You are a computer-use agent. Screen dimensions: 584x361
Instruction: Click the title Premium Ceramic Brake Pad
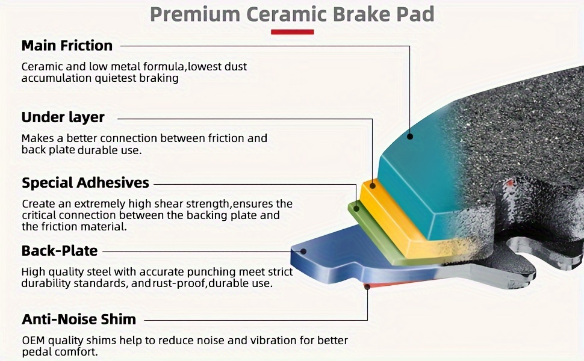[292, 14]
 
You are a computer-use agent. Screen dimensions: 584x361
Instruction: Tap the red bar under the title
[293, 32]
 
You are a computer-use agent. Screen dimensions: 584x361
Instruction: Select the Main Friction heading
[67, 46]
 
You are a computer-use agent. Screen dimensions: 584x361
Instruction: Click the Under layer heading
[63, 117]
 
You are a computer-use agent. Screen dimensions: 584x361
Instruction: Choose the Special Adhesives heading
[85, 183]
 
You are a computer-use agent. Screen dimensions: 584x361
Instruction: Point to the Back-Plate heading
[60, 251]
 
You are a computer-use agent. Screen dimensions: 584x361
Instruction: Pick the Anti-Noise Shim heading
[79, 319]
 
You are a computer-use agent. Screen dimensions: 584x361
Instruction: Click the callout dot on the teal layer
[409, 137]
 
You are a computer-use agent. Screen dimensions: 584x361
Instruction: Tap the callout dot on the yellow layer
[373, 185]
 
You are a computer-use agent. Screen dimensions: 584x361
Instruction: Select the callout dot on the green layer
[356, 208]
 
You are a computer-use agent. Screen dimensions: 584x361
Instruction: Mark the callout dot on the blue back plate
[303, 251]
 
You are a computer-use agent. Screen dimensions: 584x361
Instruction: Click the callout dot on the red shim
[367, 286]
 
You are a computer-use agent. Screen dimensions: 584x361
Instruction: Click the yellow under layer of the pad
[395, 220]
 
